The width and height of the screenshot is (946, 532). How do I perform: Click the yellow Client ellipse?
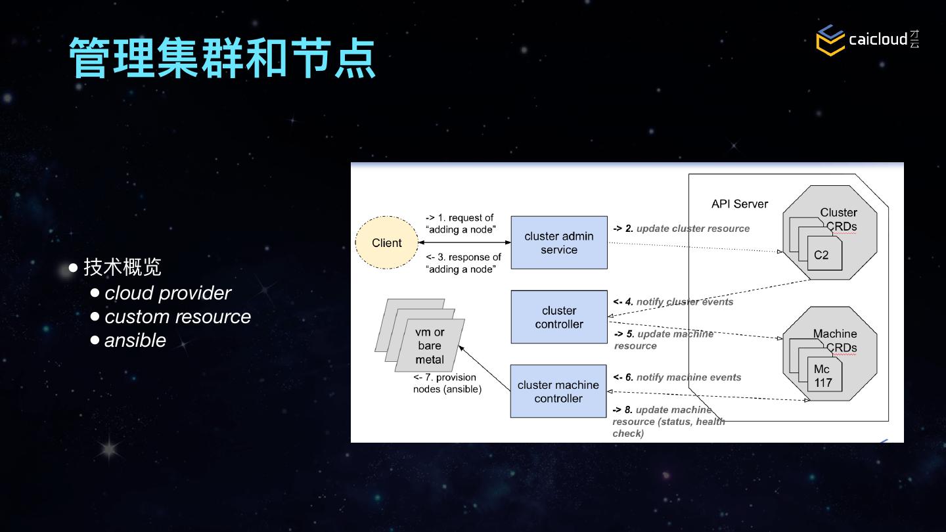(386, 243)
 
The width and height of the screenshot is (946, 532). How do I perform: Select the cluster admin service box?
(559, 242)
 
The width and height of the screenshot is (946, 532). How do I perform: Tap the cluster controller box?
(559, 317)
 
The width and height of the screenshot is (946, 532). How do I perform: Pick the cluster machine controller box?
(558, 391)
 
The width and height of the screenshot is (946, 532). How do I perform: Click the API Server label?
(740, 204)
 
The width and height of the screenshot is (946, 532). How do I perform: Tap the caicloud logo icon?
(830, 39)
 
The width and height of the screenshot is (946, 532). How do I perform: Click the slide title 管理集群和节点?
(222, 58)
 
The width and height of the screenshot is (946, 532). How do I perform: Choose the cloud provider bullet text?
(168, 293)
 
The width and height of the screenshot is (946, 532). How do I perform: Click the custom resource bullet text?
(177, 317)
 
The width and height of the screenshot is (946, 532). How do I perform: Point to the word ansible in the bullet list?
(135, 340)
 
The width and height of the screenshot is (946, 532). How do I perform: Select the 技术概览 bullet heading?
(122, 267)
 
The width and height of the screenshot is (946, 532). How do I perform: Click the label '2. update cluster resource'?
(682, 229)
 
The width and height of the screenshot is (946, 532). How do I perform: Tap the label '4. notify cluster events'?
(673, 302)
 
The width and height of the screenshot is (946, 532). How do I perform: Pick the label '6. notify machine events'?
(677, 377)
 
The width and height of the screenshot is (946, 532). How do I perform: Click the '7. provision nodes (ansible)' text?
(447, 384)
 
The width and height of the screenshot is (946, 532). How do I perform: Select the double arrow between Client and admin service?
(464, 242)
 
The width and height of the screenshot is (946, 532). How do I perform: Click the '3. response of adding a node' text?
(464, 263)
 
